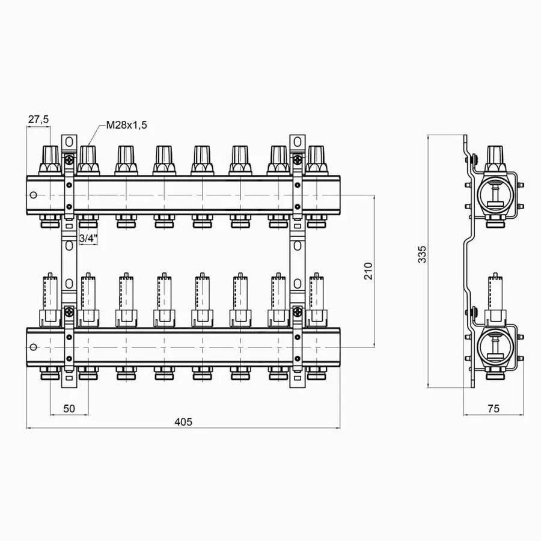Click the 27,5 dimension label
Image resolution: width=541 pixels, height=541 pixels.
38,120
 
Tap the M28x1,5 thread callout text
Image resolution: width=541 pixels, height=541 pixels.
126,124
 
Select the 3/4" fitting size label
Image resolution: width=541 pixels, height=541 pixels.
88,238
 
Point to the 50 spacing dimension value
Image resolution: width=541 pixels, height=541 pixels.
69,409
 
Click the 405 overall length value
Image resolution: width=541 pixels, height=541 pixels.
183,422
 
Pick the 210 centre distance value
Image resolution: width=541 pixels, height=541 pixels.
368,271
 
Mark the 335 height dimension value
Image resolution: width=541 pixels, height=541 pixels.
421,255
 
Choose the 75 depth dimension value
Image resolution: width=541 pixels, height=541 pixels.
494,409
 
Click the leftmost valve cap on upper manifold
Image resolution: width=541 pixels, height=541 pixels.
50,160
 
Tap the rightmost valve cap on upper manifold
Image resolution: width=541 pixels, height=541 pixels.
316,160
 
